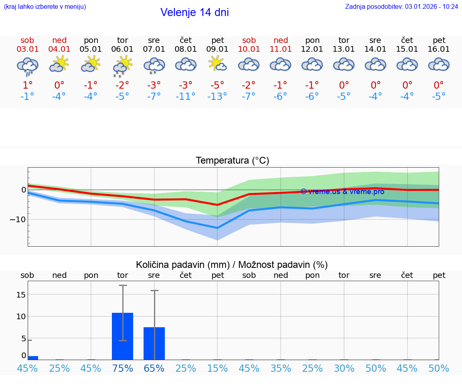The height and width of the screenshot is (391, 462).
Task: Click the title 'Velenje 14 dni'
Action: (195, 12)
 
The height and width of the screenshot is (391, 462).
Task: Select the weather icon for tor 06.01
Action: (122, 66)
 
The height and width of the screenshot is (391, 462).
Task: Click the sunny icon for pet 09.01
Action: (217, 64)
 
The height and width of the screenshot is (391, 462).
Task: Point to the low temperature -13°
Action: (217, 97)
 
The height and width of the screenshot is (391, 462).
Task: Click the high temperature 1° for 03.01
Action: (27, 85)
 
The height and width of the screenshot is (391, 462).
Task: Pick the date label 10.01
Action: (249, 49)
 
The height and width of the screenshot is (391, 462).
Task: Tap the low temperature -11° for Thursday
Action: (185, 97)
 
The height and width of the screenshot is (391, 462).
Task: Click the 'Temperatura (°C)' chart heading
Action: (232, 161)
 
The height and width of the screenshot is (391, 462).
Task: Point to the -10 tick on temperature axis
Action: (18, 219)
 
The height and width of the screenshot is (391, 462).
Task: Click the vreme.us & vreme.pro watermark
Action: (342, 192)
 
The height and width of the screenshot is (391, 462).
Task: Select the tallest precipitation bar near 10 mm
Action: (122, 336)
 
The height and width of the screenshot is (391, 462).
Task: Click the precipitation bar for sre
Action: (154, 343)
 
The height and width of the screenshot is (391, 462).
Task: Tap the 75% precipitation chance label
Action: (122, 369)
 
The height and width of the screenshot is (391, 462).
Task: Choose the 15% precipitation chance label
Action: (217, 369)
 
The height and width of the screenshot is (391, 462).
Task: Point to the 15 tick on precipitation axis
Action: (21, 295)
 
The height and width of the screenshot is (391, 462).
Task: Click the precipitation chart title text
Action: (232, 265)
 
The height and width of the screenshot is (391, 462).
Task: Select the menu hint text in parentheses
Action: (45, 6)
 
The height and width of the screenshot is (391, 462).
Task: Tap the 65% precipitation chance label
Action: (154, 369)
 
